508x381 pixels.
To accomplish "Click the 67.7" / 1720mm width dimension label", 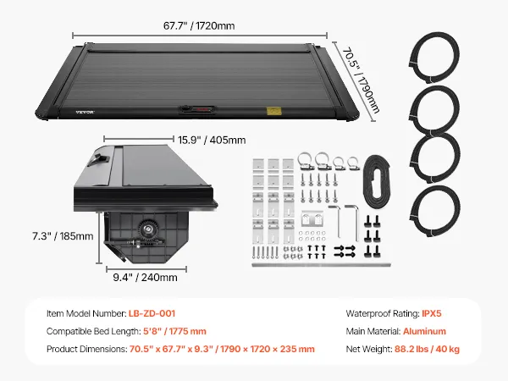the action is pyautogui.click(x=199, y=25).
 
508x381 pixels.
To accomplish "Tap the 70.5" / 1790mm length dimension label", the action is pyautogui.click(x=362, y=80).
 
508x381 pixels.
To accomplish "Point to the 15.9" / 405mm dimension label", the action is pyautogui.click(x=212, y=140).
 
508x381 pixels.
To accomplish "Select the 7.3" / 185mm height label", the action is pyautogui.click(x=63, y=236).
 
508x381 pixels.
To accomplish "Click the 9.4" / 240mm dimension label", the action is pyautogui.click(x=145, y=278).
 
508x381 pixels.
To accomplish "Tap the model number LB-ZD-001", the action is pyautogui.click(x=152, y=313).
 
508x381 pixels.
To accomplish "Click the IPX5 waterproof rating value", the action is pyautogui.click(x=432, y=313).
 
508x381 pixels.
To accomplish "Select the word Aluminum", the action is pyautogui.click(x=424, y=331).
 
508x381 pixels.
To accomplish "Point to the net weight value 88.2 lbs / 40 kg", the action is pyautogui.click(x=427, y=349).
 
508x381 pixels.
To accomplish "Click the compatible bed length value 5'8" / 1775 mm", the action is pyautogui.click(x=174, y=331).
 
